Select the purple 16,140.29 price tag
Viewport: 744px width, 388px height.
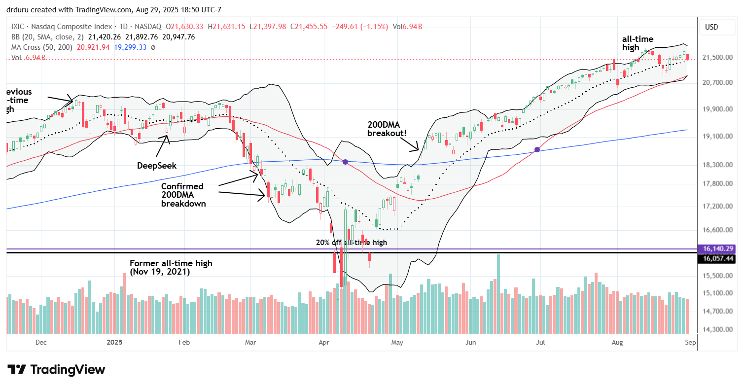718,249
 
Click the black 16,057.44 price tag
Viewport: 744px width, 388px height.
718,258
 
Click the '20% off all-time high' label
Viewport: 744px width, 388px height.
352,242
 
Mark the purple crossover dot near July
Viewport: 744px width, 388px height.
537,149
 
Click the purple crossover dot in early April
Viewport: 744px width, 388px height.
345,162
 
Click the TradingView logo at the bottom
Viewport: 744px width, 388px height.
56,369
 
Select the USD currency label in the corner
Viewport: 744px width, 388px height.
711,27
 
